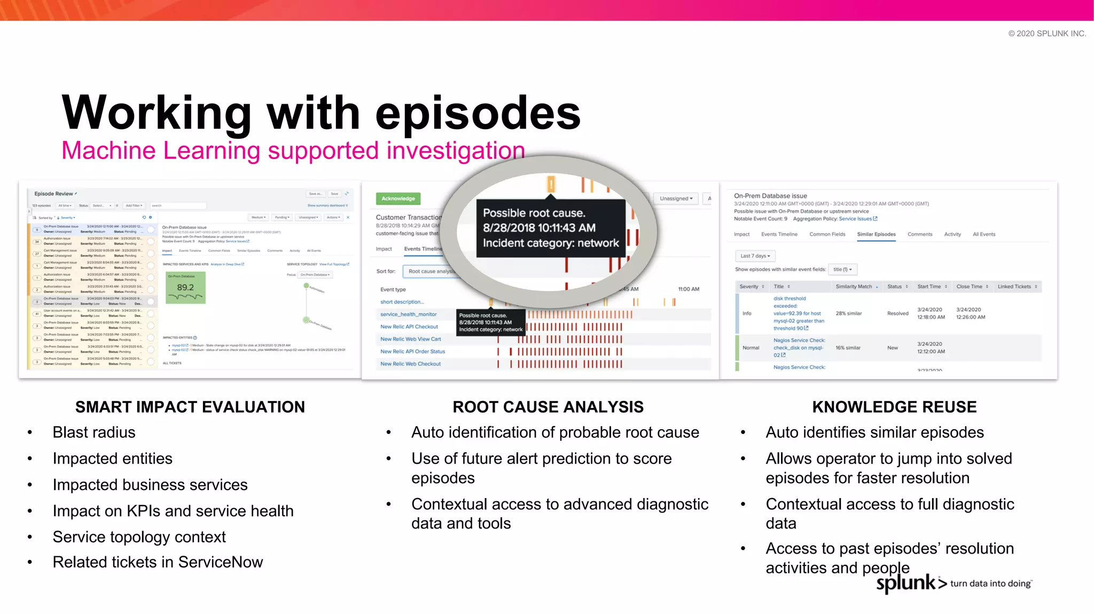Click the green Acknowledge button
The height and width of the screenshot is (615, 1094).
pos(398,199)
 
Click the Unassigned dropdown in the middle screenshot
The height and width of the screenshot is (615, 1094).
pos(676,199)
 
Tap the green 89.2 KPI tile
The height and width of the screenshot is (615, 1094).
pos(185,288)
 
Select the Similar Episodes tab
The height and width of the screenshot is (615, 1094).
pos(876,234)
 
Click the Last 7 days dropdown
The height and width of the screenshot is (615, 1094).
pos(755,256)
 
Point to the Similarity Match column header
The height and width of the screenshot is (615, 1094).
pos(854,287)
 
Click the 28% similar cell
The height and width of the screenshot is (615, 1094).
pos(848,313)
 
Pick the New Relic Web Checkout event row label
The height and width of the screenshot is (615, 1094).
pos(410,364)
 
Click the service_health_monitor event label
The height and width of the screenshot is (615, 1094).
pos(408,314)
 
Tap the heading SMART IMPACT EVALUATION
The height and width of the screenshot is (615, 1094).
pos(190,407)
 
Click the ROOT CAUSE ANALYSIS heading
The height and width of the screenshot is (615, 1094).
pos(548,407)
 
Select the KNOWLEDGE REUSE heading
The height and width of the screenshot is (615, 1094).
pos(894,407)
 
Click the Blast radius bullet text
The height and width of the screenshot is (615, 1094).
pos(94,432)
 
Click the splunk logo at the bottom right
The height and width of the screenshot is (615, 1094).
pos(906,583)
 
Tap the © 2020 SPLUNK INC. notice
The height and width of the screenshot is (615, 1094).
pos(1046,34)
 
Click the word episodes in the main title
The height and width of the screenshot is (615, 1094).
pos(478,113)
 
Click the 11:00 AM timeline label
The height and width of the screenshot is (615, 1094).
pos(688,289)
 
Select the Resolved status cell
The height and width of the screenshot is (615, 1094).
pos(897,313)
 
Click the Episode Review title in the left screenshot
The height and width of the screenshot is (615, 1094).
pos(54,194)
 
